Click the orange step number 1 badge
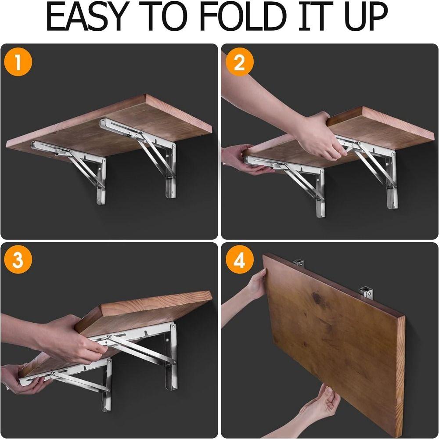tap(18, 63)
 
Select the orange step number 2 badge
tap(239, 63)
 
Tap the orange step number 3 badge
tap(18, 260)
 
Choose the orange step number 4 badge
tap(239, 260)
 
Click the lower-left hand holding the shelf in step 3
tap(22, 378)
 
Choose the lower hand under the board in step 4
tap(323, 402)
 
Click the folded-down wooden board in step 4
tap(334, 342)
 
